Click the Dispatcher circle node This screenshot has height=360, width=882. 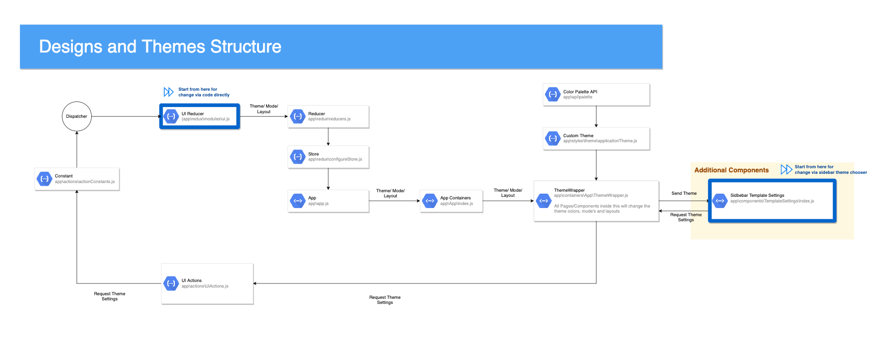click(76, 116)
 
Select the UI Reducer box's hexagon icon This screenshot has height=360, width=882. click(171, 116)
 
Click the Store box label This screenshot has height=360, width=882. click(314, 154)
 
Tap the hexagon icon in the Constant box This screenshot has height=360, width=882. click(45, 179)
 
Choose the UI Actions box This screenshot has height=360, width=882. click(207, 284)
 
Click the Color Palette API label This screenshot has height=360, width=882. click(580, 92)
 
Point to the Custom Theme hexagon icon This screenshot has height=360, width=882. click(553, 138)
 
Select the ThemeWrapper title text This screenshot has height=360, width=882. click(569, 190)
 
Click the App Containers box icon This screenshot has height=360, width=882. click(430, 201)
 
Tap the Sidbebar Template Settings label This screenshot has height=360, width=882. click(757, 195)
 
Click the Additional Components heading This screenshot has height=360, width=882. click(731, 170)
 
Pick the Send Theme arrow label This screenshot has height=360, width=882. click(684, 193)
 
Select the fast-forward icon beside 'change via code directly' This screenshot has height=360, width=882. click(168, 92)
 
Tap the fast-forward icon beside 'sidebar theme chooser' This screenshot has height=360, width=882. click(786, 169)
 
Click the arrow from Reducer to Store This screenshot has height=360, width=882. click(328, 137)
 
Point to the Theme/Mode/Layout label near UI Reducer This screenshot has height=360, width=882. click(264, 109)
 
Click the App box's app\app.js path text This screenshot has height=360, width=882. click(318, 203)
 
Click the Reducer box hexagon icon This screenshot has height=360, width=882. click(298, 116)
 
